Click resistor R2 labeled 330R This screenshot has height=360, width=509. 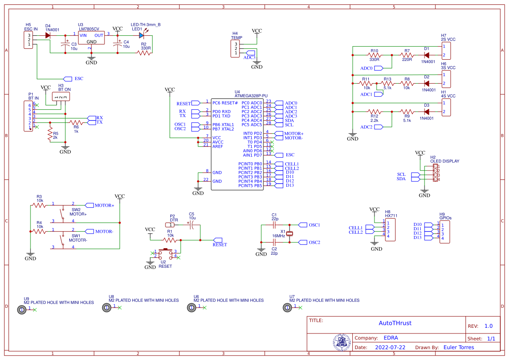click(x=144, y=53)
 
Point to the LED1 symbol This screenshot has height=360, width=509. click(x=142, y=35)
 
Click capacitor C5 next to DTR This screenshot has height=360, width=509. click(x=191, y=225)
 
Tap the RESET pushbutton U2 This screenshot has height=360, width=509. click(x=166, y=254)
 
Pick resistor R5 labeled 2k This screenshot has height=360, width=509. click(x=50, y=135)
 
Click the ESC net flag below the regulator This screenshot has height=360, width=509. click(x=68, y=79)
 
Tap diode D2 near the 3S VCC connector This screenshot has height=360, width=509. click(x=426, y=83)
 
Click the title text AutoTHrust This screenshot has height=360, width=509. click(x=395, y=323)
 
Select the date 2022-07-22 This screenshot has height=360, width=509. click(x=390, y=347)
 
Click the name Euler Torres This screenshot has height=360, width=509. click(x=458, y=347)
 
